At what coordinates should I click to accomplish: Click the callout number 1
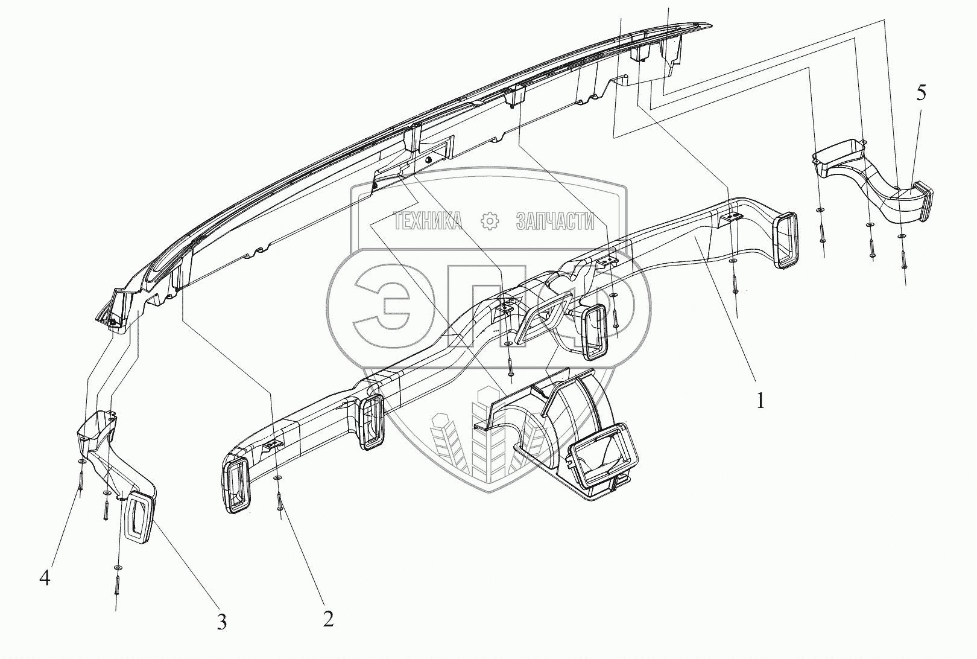760,400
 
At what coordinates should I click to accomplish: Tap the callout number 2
328,619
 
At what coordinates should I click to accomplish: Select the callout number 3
222,622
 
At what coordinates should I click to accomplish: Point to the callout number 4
45,578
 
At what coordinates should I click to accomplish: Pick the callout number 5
920,93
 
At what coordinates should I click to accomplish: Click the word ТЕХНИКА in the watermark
428,221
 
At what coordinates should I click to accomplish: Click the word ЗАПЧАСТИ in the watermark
555,221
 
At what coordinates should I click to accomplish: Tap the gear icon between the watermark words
490,221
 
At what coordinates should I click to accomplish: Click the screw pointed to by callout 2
279,501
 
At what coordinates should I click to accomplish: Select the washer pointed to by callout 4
81,461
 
